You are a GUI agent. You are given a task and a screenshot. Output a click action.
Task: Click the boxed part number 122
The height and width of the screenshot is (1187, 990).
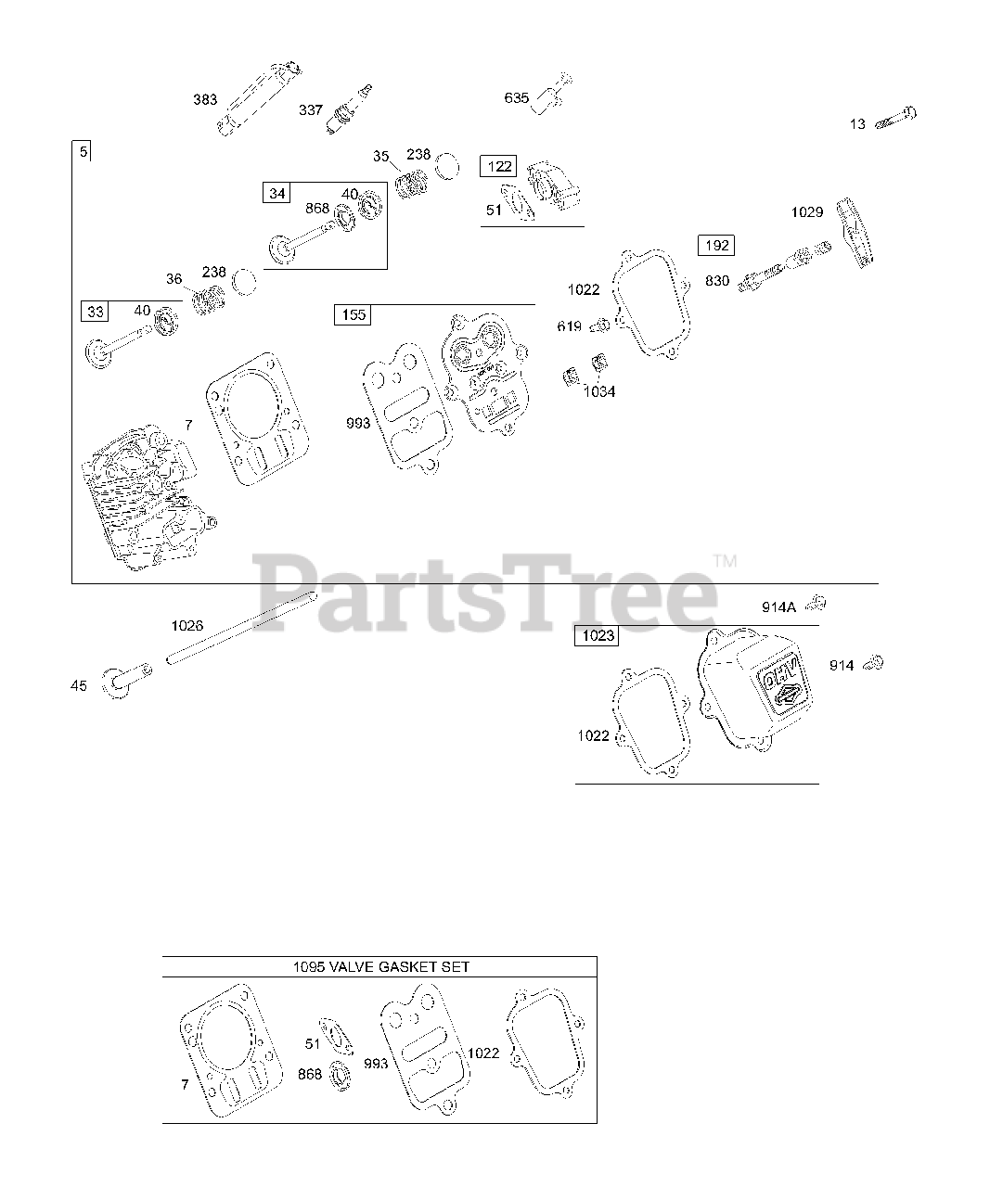click(498, 167)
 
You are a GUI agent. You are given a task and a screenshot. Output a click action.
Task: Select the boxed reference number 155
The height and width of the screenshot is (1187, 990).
click(353, 315)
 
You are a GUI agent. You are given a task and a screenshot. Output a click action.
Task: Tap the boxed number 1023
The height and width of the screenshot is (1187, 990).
click(598, 637)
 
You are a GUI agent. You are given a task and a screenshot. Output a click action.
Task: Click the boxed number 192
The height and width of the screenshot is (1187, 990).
click(716, 246)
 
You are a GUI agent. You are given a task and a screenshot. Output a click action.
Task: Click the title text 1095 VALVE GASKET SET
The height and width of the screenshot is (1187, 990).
click(379, 966)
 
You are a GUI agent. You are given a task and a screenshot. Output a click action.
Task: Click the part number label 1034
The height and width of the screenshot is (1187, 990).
click(598, 391)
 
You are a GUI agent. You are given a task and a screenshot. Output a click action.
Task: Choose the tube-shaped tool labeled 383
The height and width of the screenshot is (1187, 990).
click(259, 98)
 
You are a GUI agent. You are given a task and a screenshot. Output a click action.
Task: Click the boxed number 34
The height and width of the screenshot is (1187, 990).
click(276, 193)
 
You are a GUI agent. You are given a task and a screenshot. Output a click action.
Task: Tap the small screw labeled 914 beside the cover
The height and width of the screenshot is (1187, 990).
click(873, 663)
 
